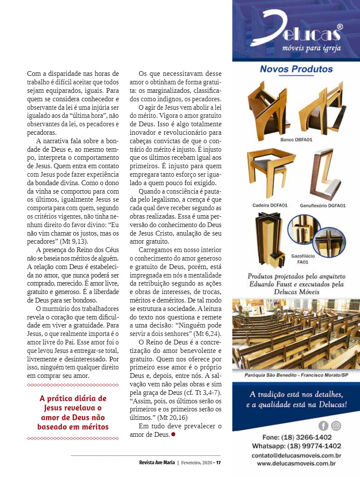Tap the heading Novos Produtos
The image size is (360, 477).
click(x=296, y=69)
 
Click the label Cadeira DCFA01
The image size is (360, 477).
click(x=269, y=205)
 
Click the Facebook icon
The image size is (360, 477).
click(x=323, y=426)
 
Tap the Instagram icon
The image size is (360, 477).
click(x=336, y=426)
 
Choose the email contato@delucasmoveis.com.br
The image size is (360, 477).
click(x=296, y=455)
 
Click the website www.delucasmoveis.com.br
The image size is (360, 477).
click(x=296, y=464)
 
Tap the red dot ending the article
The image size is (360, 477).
click(x=173, y=434)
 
